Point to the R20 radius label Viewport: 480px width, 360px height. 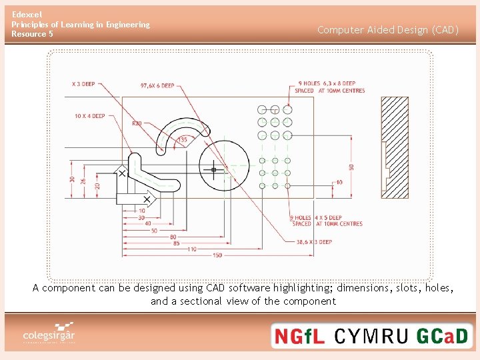137,123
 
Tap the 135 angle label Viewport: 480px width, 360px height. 182,140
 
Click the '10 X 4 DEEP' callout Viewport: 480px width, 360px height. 89,116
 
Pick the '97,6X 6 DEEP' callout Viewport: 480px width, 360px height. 157,85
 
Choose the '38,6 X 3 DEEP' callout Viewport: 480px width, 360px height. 314,242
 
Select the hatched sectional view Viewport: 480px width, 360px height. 394,147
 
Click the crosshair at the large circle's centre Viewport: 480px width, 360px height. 213,170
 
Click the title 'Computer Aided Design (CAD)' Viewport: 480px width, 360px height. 388,30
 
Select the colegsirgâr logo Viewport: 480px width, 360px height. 49,334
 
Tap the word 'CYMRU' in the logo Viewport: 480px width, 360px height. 371,336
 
